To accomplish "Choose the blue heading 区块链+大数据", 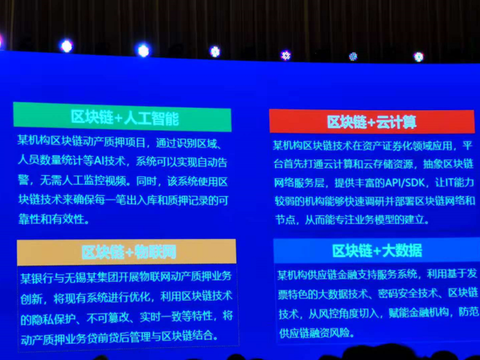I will (x=378, y=251).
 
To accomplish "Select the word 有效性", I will (x=69, y=220).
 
